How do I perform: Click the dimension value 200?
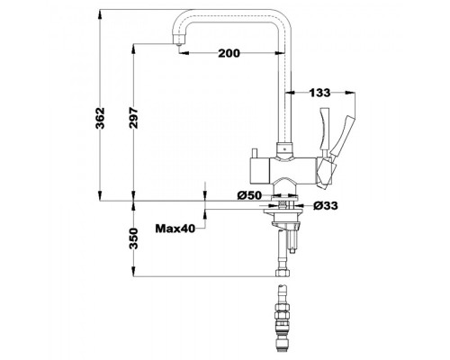pyautogui.click(x=229, y=53)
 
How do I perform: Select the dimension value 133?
pyautogui.click(x=319, y=93)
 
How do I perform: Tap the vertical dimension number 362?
pyautogui.click(x=100, y=118)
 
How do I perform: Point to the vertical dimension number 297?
pyautogui.click(x=134, y=118)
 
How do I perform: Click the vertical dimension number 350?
pyautogui.click(x=134, y=238)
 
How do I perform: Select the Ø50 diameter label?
pyautogui.click(x=249, y=195)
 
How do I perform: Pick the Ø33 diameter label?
pyautogui.click(x=326, y=206)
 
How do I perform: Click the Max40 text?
pyautogui.click(x=175, y=229)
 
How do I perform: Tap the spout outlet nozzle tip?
pyautogui.click(x=179, y=44)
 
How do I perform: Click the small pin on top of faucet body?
pyautogui.click(x=256, y=153)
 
